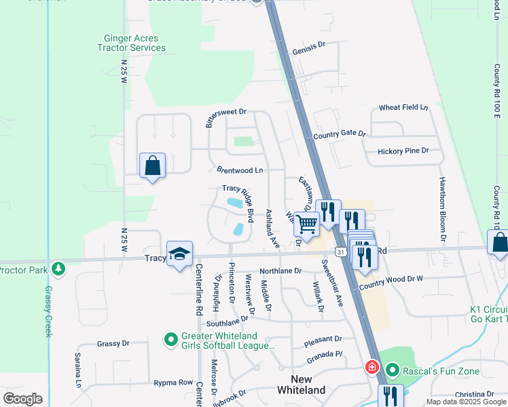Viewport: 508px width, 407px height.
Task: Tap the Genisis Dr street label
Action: click(309, 51)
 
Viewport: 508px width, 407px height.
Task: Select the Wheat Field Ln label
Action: click(403, 108)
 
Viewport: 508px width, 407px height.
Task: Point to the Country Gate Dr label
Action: click(340, 135)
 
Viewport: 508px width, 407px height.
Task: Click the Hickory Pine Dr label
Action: click(404, 151)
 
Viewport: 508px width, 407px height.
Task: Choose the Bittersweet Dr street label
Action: click(225, 117)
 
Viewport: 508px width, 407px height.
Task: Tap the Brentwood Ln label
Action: click(239, 170)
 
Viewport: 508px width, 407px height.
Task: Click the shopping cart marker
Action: click(307, 223)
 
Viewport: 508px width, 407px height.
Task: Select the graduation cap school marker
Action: click(179, 254)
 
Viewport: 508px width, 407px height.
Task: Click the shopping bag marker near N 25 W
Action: click(152, 165)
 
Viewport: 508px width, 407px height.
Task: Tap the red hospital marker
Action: click(372, 368)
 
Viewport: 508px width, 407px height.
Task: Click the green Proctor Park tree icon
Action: click(58, 268)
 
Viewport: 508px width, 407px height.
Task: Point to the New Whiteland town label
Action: click(301, 384)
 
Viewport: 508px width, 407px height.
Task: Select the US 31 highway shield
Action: click(342, 252)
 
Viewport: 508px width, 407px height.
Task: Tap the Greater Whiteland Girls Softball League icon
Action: click(171, 338)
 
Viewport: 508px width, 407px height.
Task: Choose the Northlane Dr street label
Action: click(280, 271)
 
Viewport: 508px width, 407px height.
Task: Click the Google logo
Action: click(23, 399)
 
